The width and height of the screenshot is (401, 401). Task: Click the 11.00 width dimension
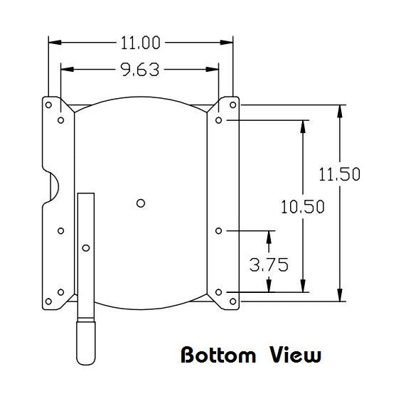pyautogui.click(x=140, y=43)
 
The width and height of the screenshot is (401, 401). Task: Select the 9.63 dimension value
pyautogui.click(x=140, y=69)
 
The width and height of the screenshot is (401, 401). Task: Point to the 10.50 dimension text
pyautogui.click(x=303, y=207)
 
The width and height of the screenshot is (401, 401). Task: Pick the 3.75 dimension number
pyautogui.click(x=269, y=265)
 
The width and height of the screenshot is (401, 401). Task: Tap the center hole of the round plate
pyautogui.click(x=141, y=203)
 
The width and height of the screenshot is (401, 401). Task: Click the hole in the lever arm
pyautogui.click(x=86, y=247)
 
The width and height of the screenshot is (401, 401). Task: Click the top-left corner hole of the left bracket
pyautogui.click(x=48, y=105)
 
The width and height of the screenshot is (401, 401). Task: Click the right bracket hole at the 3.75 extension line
pyautogui.click(x=219, y=231)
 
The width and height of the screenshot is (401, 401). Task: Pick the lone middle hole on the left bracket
pyautogui.click(x=60, y=231)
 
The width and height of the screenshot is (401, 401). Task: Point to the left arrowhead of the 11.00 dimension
pyautogui.click(x=52, y=43)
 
